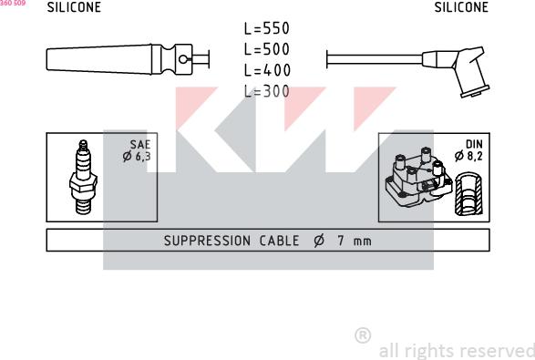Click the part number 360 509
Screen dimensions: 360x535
(x=14, y=4)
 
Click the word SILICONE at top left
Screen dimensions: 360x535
(x=74, y=7)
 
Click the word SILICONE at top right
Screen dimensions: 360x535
(x=461, y=7)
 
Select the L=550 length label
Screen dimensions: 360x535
(x=266, y=29)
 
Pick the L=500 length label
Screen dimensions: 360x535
(x=266, y=49)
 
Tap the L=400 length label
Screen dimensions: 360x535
(x=266, y=69)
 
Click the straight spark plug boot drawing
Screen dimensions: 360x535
(x=118, y=59)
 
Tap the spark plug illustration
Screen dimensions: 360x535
(x=83, y=177)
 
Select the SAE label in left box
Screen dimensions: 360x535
(x=140, y=144)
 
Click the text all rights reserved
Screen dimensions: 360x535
(x=456, y=350)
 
